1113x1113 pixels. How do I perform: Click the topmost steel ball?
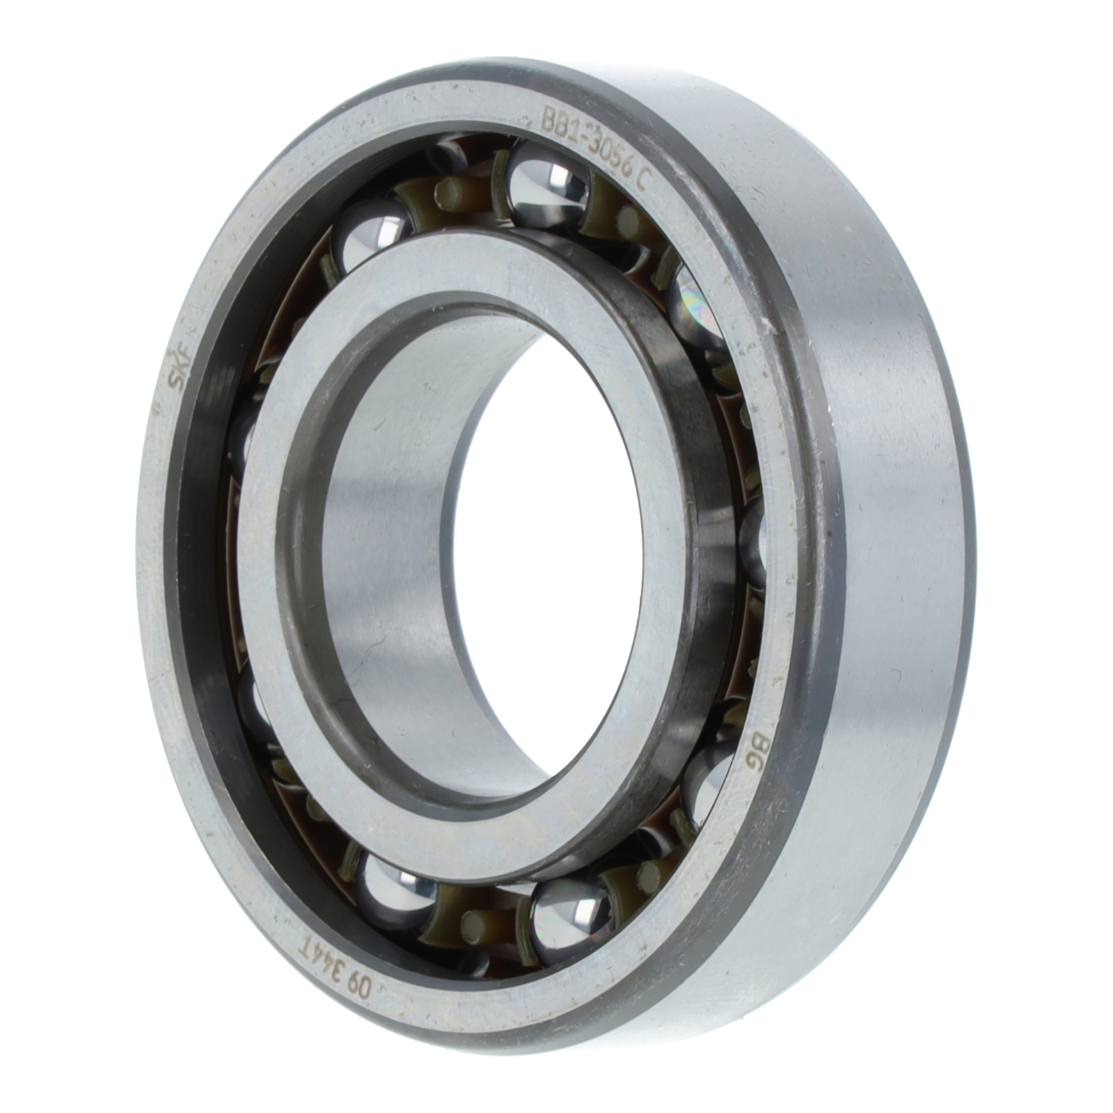coord(545,184)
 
